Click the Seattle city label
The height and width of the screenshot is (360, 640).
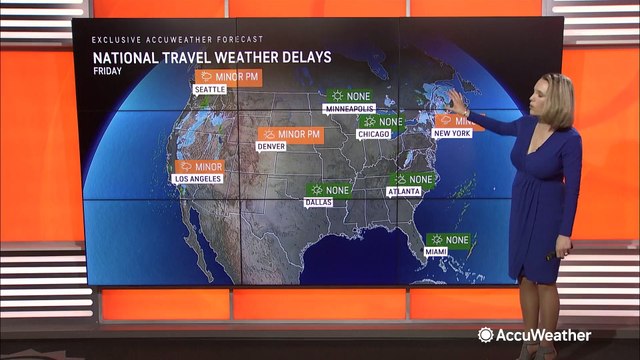pos(210,89)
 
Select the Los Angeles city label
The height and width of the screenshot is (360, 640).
pos(197,179)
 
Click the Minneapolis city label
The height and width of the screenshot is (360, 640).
pos(347,109)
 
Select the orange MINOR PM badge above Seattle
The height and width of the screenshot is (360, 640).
pos(229,76)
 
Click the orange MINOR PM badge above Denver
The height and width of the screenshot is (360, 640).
pos(291,134)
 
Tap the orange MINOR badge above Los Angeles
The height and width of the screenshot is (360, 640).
pos(199,166)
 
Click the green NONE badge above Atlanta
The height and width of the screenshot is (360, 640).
pos(413,180)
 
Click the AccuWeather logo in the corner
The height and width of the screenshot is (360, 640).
pos(534,335)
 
